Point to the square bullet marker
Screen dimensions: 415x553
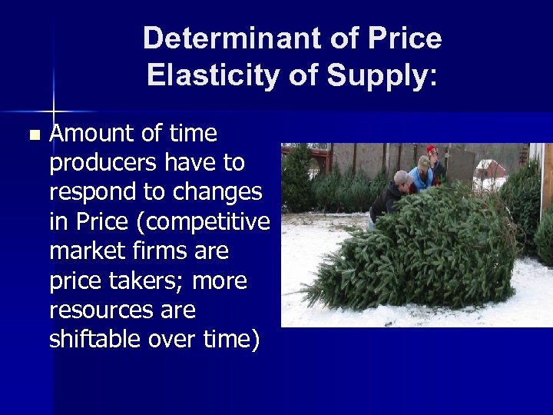(x=32, y=135)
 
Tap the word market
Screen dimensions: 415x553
(x=89, y=251)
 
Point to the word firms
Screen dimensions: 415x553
(x=169, y=251)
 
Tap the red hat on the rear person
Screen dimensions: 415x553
(x=431, y=150)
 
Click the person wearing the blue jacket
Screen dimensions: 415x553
(x=421, y=178)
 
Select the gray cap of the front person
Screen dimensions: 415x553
(x=402, y=176)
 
